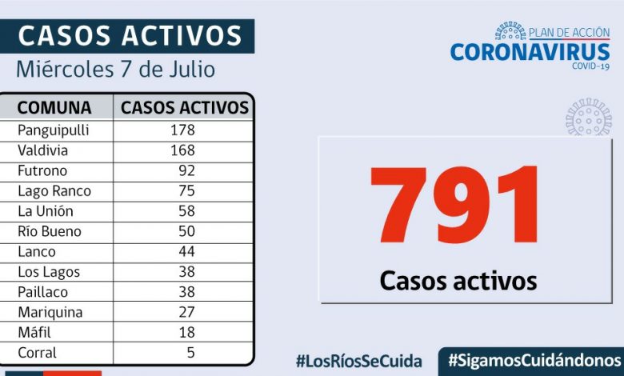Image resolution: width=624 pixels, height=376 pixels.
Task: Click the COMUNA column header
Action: pyautogui.click(x=54, y=108)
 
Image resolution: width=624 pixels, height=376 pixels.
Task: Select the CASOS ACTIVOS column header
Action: pyautogui.click(x=185, y=108)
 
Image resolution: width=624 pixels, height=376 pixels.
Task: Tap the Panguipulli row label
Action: pyautogui.click(x=54, y=130)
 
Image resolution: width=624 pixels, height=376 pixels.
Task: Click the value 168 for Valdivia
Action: pyautogui.click(x=182, y=150)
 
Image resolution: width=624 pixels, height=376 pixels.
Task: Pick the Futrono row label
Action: pyautogui.click(x=42, y=170)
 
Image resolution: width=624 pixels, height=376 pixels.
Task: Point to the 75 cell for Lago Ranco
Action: pyautogui.click(x=186, y=191)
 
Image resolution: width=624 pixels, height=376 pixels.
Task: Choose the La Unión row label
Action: pyautogui.click(x=46, y=211)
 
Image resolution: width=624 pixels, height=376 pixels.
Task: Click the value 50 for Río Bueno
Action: pyautogui.click(x=186, y=231)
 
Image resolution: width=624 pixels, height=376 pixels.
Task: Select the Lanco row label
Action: pyautogui.click(x=38, y=251)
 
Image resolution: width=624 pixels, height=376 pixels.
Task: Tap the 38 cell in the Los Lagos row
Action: pyautogui.click(x=186, y=272)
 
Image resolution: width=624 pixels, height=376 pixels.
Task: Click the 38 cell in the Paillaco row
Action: pyautogui.click(x=186, y=292)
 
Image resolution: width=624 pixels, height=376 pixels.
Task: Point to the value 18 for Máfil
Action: pyautogui.click(x=186, y=332)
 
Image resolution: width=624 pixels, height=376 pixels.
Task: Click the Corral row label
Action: pyautogui.click(x=38, y=353)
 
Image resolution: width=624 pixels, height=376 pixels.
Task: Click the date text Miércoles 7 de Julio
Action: pyautogui.click(x=116, y=70)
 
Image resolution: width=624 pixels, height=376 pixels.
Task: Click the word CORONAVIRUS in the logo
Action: pyautogui.click(x=530, y=52)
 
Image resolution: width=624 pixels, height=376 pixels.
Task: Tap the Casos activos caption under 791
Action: pyautogui.click(x=458, y=281)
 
